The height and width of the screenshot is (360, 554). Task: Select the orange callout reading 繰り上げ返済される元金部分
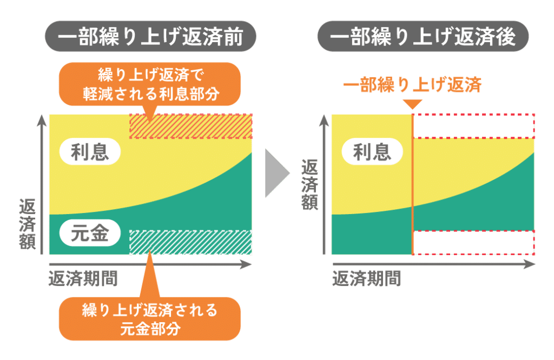(149, 318)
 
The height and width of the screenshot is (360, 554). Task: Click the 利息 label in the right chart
(372, 152)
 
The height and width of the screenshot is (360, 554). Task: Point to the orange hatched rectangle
(190, 126)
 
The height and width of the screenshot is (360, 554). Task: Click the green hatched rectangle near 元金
(190, 242)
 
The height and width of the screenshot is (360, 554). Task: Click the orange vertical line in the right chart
(413, 184)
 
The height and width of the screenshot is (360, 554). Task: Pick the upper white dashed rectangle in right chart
(474, 126)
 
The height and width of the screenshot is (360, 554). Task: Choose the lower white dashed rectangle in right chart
(474, 242)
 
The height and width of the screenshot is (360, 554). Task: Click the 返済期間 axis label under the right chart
(366, 279)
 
